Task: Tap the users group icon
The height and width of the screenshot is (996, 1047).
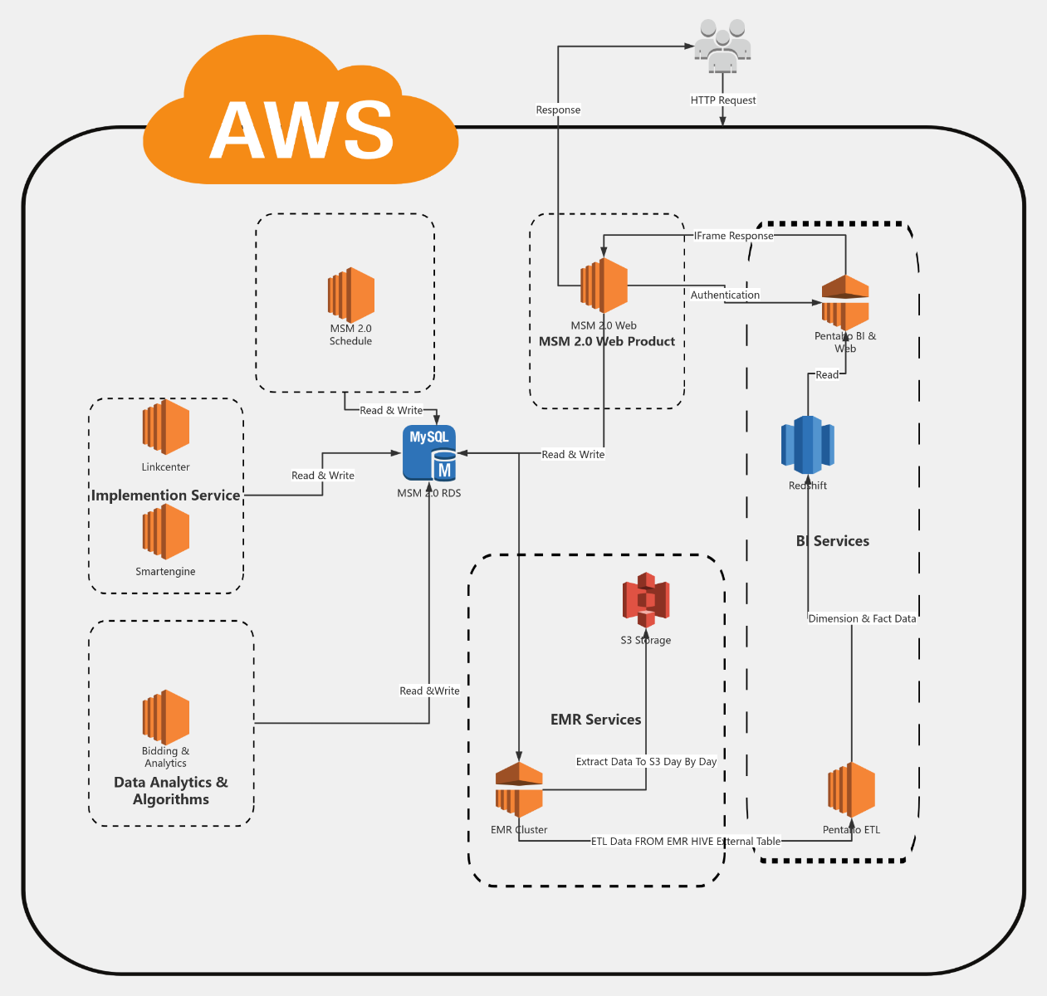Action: click(722, 46)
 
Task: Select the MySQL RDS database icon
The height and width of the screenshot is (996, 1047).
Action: click(429, 453)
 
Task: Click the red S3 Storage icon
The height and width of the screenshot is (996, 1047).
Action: click(646, 599)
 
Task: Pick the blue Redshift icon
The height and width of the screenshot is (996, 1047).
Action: click(808, 445)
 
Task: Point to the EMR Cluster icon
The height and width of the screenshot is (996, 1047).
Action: click(519, 790)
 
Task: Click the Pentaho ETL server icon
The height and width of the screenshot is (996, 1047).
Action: click(851, 790)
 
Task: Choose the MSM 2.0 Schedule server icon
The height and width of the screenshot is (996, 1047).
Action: click(350, 295)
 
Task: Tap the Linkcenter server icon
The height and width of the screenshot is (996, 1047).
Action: click(165, 427)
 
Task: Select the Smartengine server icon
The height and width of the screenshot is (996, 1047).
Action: click(165, 532)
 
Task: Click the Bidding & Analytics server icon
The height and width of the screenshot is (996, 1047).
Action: click(165, 717)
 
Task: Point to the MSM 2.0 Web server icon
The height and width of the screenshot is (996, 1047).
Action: click(604, 286)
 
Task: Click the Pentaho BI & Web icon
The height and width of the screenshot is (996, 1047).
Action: click(845, 303)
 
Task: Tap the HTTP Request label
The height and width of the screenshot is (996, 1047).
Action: click(723, 100)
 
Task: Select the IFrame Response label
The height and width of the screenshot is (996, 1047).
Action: click(733, 236)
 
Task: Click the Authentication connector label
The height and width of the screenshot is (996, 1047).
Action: click(725, 295)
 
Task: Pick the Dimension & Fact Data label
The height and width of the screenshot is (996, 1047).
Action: click(862, 618)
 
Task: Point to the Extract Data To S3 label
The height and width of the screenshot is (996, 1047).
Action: click(646, 761)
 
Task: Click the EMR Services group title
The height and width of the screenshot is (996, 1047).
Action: click(595, 720)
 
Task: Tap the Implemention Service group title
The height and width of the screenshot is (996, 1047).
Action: click(165, 496)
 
